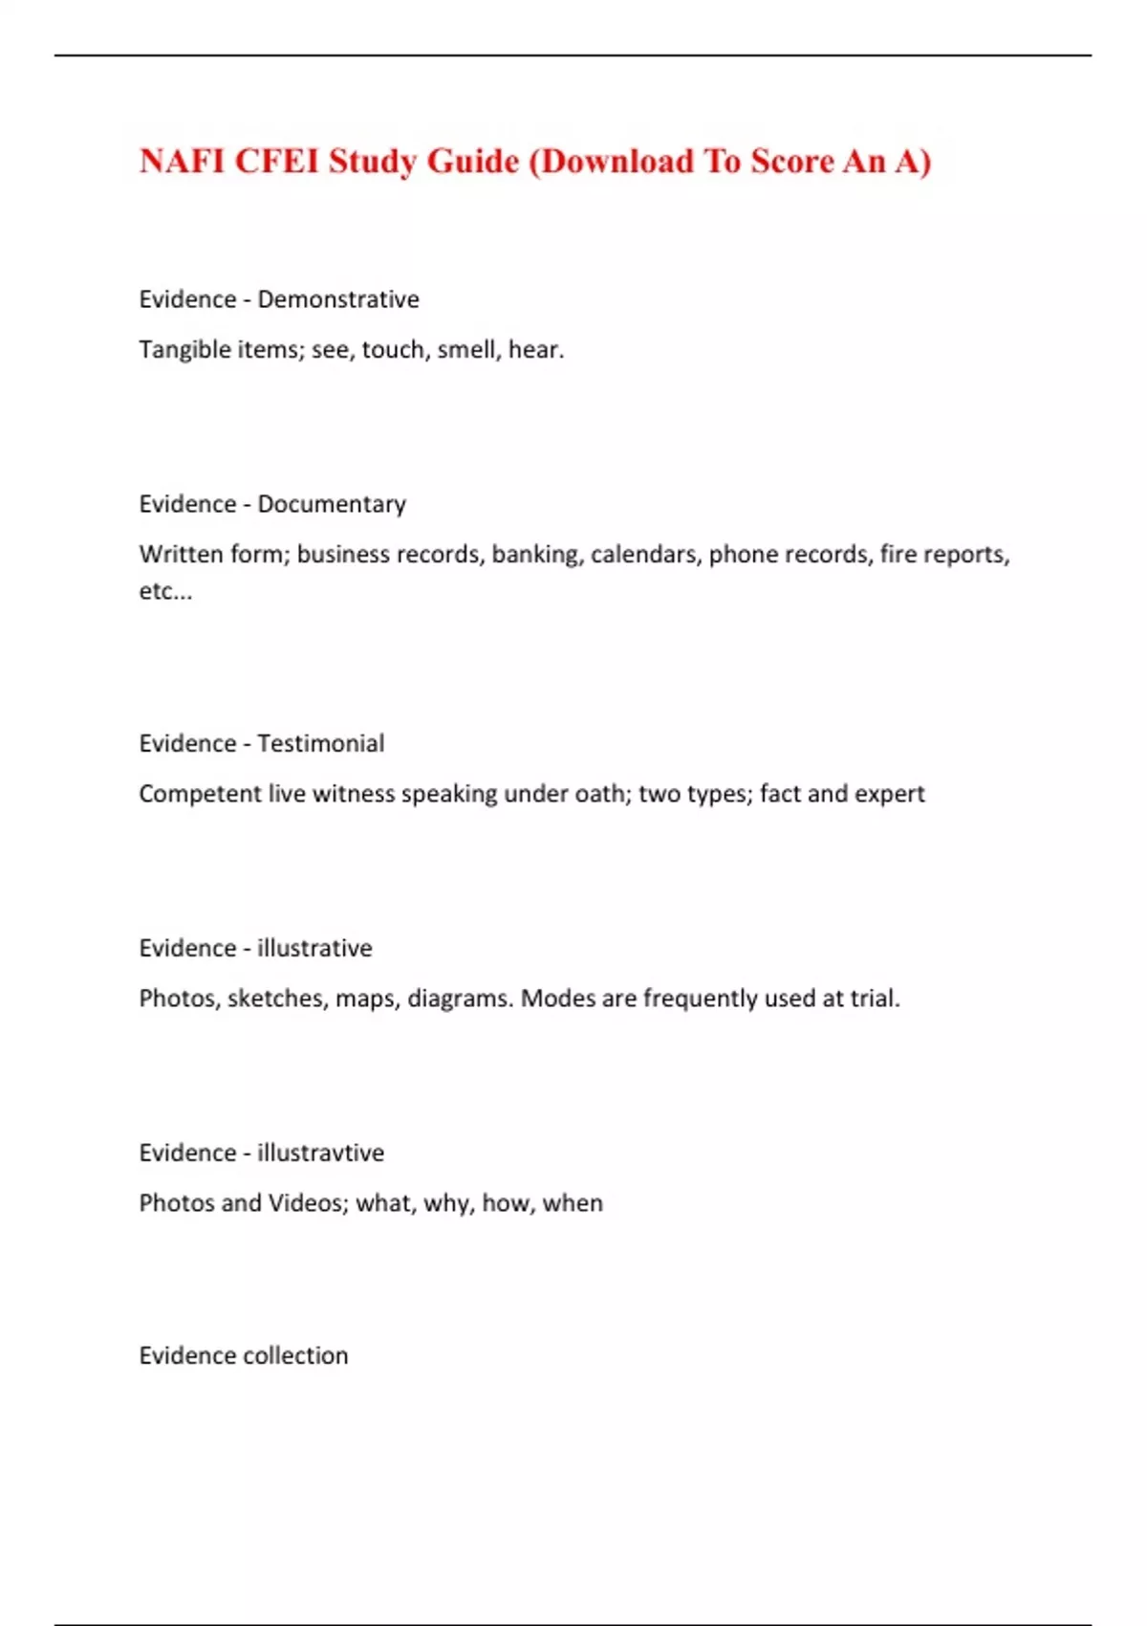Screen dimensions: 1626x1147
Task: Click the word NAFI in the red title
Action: [183, 161]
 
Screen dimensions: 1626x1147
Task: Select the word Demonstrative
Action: [338, 299]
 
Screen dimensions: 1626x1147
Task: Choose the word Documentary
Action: [332, 504]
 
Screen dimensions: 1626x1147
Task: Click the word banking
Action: [535, 555]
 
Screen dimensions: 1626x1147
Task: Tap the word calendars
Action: [643, 555]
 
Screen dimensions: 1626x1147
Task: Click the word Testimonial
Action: [321, 743]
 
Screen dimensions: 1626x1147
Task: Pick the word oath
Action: [599, 794]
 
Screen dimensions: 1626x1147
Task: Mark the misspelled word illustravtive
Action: [320, 1153]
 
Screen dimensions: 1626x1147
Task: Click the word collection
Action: [296, 1355]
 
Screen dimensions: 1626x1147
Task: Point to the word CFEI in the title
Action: [276, 161]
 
